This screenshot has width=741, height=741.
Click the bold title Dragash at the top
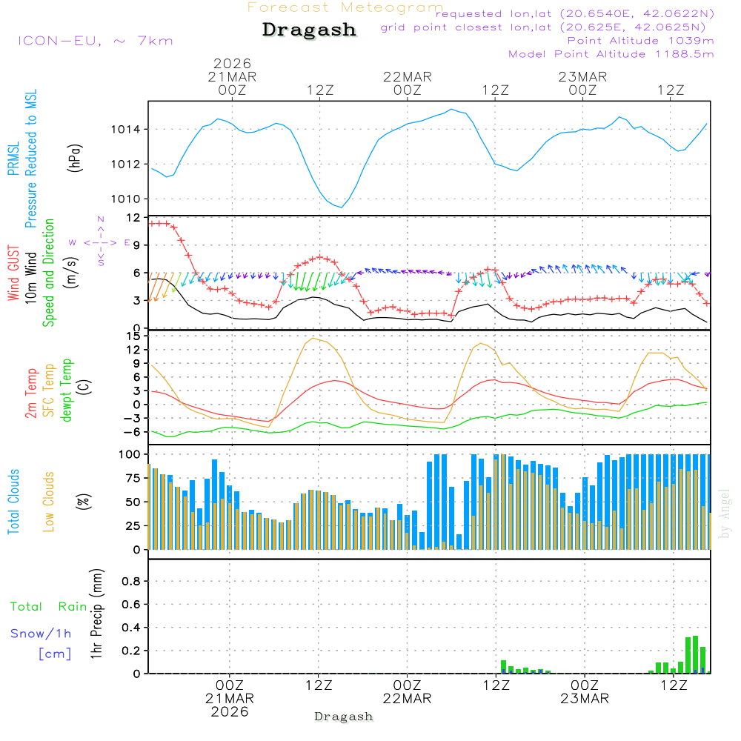click(x=309, y=30)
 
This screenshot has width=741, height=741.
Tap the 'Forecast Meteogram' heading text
click(x=345, y=7)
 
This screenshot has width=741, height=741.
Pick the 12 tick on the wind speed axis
click(x=133, y=218)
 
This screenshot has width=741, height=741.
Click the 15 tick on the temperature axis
click(x=133, y=336)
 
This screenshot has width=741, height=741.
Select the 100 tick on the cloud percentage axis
click(x=130, y=453)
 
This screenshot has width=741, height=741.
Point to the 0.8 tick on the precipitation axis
click(x=131, y=582)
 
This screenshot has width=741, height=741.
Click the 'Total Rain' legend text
click(x=48, y=607)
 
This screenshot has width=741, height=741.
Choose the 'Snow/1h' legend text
click(x=41, y=634)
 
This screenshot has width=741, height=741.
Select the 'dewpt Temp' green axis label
click(x=67, y=390)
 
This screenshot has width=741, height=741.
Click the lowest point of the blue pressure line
click(x=342, y=207)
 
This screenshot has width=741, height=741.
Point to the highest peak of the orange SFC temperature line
click(x=314, y=338)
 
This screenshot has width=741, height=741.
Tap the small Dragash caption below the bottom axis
click(x=344, y=717)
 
